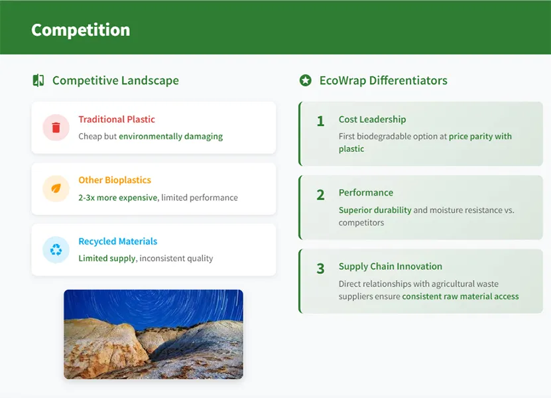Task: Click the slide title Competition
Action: pos(80,31)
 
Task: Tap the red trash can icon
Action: pos(56,127)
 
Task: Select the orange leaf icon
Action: pos(56,188)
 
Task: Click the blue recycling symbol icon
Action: pos(56,249)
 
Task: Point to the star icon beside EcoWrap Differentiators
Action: pos(306,80)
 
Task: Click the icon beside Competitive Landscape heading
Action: pos(38,80)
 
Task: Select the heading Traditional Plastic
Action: pos(117,119)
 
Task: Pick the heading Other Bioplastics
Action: pos(115,180)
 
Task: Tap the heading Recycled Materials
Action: pos(118,241)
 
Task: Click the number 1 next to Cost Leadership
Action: pos(320,121)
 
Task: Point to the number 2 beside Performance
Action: pos(320,195)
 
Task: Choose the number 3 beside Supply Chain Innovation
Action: pos(320,269)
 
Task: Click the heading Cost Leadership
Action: pos(372,119)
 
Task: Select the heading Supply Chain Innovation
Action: pos(391,267)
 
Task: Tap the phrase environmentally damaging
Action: pos(171,137)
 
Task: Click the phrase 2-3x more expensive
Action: pos(118,198)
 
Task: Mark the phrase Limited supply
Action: pos(107,259)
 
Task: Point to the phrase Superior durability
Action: pos(375,210)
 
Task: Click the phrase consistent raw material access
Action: pos(460,297)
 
